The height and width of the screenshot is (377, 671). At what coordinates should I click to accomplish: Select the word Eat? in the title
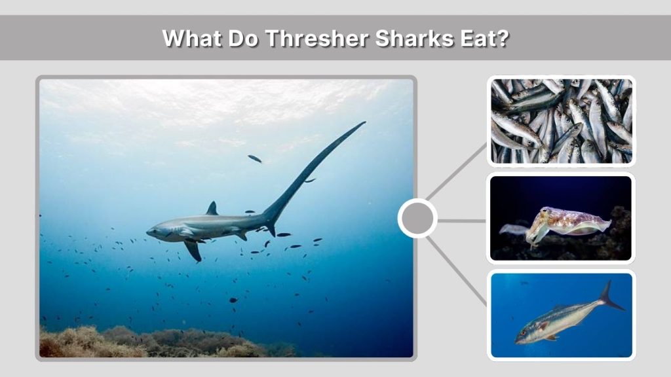coord(486,38)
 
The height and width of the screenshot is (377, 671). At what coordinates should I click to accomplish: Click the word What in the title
coord(191,38)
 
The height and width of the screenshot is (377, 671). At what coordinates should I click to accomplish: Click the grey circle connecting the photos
coord(417,219)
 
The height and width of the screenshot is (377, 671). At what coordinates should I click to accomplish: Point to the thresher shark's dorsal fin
coord(212,209)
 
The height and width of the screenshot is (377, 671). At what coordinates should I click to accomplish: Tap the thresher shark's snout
coord(150,232)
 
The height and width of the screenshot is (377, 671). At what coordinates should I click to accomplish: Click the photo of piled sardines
coord(561,121)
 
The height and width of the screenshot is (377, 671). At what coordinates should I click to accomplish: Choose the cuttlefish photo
coord(561,218)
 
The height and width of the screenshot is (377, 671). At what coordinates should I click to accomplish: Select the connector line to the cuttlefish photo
coord(462,220)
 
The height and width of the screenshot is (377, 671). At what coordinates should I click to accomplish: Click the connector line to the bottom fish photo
coord(459,270)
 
